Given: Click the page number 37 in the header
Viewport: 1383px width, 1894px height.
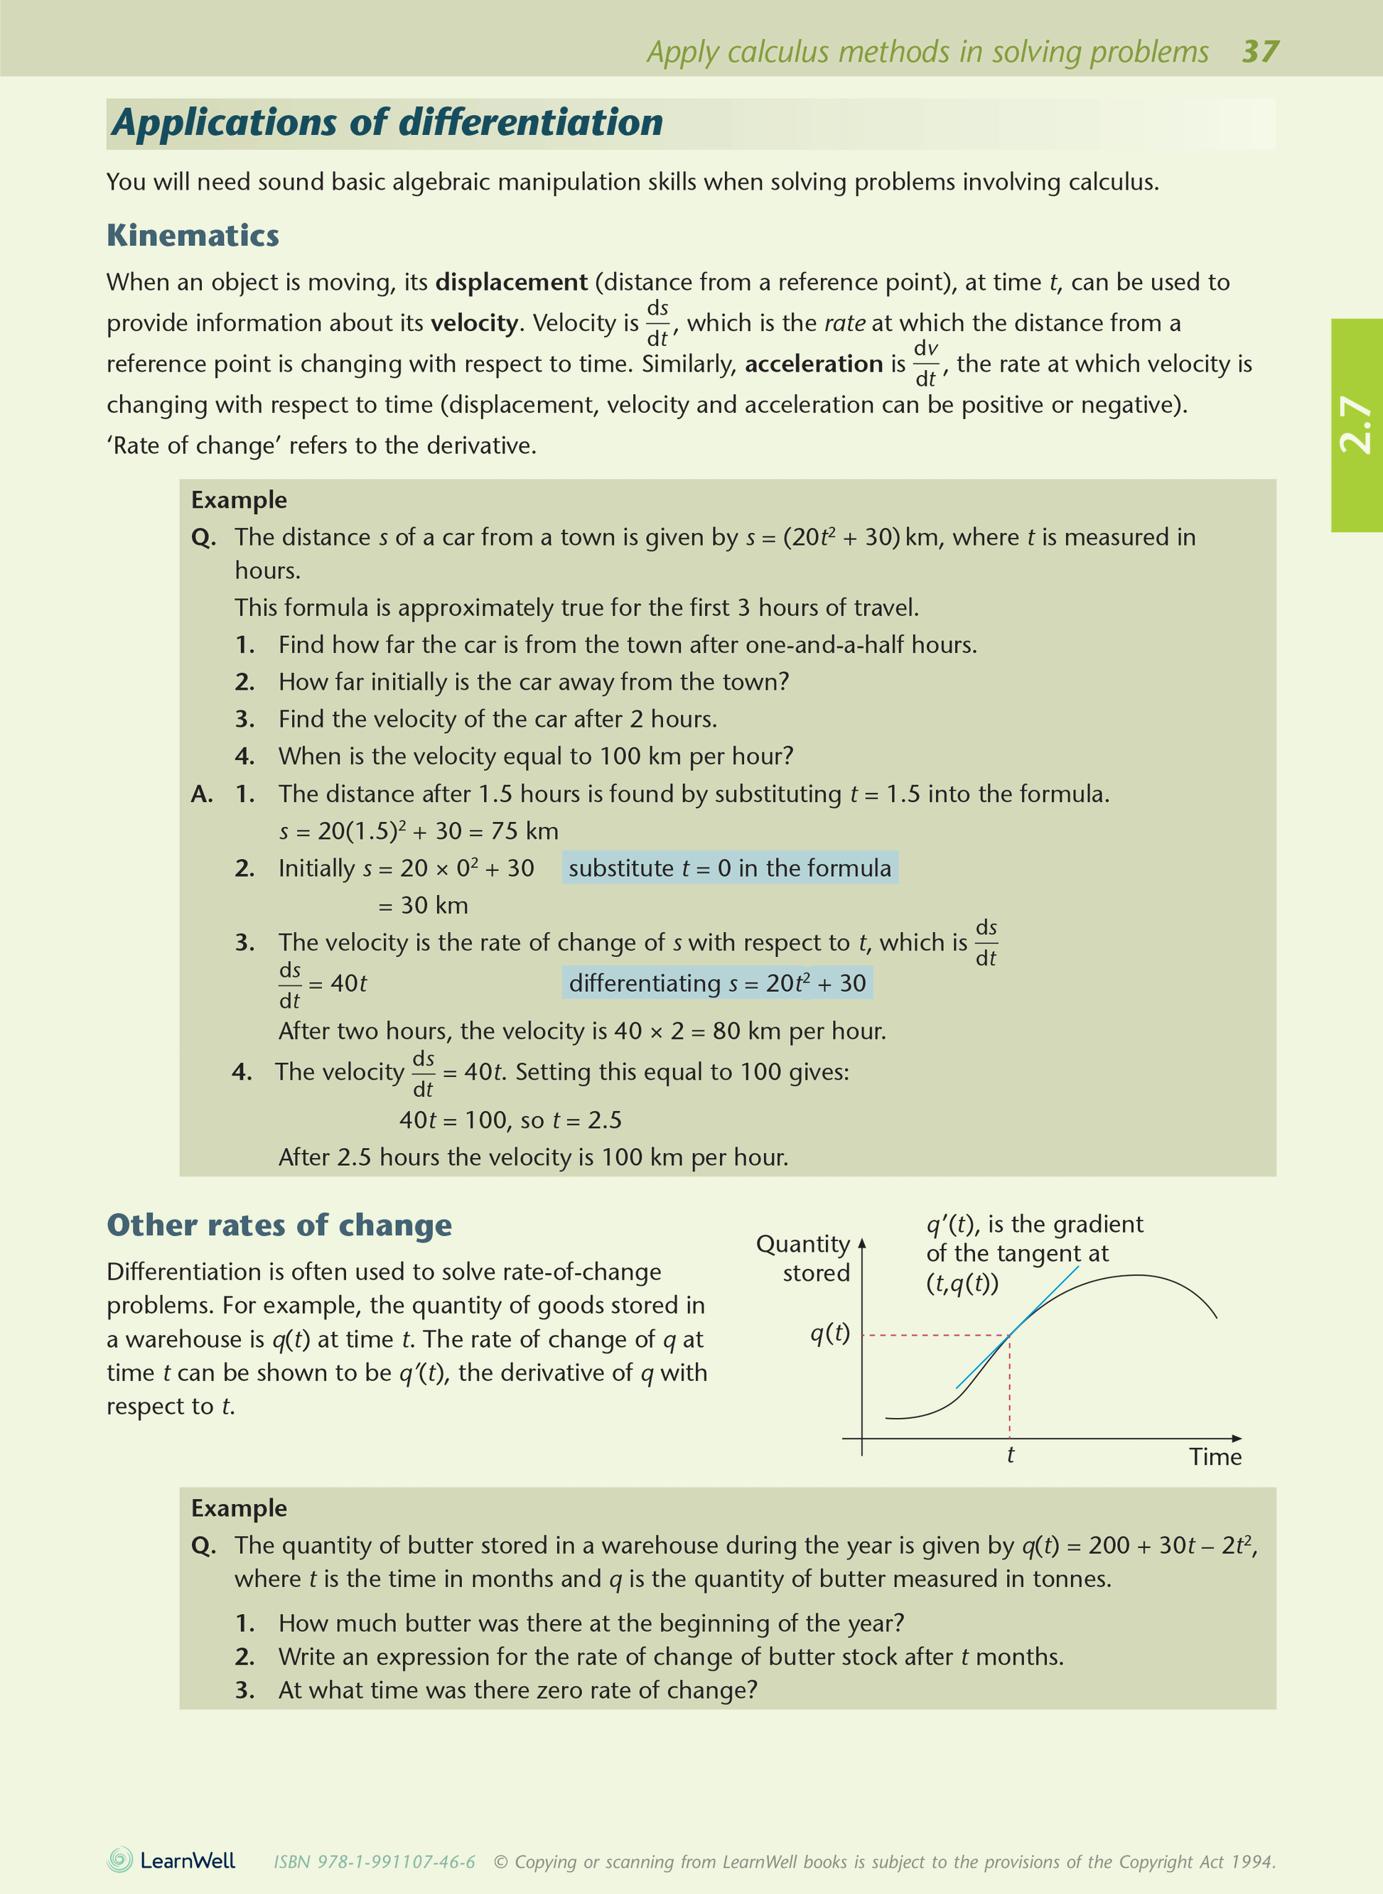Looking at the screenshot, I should point(1260,51).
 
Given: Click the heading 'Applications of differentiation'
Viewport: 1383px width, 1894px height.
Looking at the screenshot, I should point(387,122).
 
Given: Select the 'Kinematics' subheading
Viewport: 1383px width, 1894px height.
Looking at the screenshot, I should point(193,235).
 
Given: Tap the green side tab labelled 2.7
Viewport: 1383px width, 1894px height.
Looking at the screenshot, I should point(1356,424).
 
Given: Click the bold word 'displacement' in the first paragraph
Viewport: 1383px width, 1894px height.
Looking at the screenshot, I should point(511,282).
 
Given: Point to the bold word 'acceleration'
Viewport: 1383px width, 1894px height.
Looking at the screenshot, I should point(814,364).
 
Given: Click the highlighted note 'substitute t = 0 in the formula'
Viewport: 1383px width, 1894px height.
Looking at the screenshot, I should point(729,868).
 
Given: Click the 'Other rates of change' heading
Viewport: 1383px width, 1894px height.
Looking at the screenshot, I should point(279,1225).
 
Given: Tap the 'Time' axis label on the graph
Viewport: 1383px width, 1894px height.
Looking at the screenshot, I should point(1215,1457).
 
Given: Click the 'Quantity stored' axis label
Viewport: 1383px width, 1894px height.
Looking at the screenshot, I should point(804,1258).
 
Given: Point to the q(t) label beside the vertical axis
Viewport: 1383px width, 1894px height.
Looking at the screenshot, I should point(829,1333).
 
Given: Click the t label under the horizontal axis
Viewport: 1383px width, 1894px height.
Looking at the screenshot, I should point(1011,1456).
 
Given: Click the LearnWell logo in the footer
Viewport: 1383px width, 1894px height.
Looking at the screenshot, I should point(171,1861).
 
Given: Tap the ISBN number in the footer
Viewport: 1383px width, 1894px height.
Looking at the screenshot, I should point(375,1861).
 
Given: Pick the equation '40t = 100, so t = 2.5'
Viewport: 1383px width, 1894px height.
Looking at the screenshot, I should point(510,1120).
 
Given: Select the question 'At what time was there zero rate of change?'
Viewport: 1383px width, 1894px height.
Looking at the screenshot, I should point(517,1690).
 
